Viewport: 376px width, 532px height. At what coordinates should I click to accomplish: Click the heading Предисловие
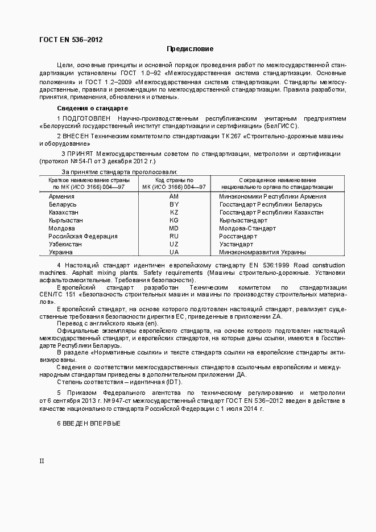(190, 49)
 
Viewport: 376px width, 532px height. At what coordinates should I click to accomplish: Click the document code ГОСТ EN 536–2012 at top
(71, 40)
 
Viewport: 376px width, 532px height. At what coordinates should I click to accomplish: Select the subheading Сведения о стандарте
(92, 108)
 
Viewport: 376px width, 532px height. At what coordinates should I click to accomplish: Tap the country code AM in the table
(174, 196)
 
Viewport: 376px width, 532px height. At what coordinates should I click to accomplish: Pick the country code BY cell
(174, 204)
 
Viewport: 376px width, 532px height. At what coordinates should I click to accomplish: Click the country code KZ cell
(174, 212)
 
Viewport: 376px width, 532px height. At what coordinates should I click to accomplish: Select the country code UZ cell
(174, 244)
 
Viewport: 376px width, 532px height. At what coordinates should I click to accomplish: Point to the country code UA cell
(174, 252)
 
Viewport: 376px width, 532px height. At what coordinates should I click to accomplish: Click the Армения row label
(61, 196)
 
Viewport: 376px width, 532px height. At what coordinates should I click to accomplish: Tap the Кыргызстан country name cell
(66, 220)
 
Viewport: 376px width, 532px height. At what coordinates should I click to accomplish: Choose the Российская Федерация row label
(83, 236)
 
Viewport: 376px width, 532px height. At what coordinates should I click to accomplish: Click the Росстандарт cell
(238, 236)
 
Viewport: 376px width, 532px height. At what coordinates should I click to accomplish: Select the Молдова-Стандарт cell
(247, 228)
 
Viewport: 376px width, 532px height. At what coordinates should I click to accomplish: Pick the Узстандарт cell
(236, 244)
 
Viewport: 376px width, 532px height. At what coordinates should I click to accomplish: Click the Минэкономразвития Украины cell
(262, 252)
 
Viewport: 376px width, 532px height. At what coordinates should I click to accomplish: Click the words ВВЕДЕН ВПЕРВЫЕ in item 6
(92, 424)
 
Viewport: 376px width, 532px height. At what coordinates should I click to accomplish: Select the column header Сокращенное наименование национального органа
(277, 183)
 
